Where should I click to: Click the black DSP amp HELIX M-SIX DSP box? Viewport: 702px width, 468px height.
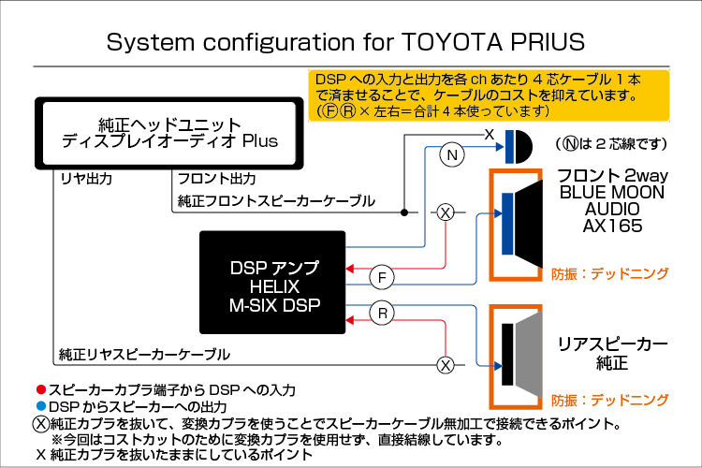click(x=272, y=283)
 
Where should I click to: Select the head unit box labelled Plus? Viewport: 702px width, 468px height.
click(x=169, y=133)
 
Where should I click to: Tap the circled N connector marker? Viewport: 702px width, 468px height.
click(x=452, y=155)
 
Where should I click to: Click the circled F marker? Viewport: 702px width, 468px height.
click(x=382, y=278)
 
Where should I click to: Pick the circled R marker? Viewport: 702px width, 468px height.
click(x=382, y=313)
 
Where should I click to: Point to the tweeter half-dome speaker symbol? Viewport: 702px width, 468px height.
click(x=519, y=147)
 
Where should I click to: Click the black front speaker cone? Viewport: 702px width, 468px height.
click(x=528, y=224)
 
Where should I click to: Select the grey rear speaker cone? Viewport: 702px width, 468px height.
click(x=528, y=354)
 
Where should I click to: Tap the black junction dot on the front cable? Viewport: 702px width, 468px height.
click(x=404, y=212)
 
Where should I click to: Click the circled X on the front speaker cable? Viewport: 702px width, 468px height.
click(x=446, y=212)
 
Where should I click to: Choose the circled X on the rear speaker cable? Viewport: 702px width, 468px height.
click(x=446, y=365)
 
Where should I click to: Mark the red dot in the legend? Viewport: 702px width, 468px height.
click(x=41, y=389)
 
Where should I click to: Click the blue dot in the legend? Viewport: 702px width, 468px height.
click(x=41, y=406)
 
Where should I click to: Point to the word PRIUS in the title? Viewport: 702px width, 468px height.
click(x=548, y=41)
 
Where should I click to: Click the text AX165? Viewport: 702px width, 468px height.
click(x=612, y=226)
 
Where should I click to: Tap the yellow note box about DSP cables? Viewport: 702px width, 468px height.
click(x=489, y=95)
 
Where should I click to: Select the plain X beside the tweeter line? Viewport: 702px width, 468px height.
click(x=490, y=134)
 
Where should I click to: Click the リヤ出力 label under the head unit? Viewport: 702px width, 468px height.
click(x=86, y=179)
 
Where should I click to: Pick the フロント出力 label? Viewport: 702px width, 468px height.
click(x=217, y=179)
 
